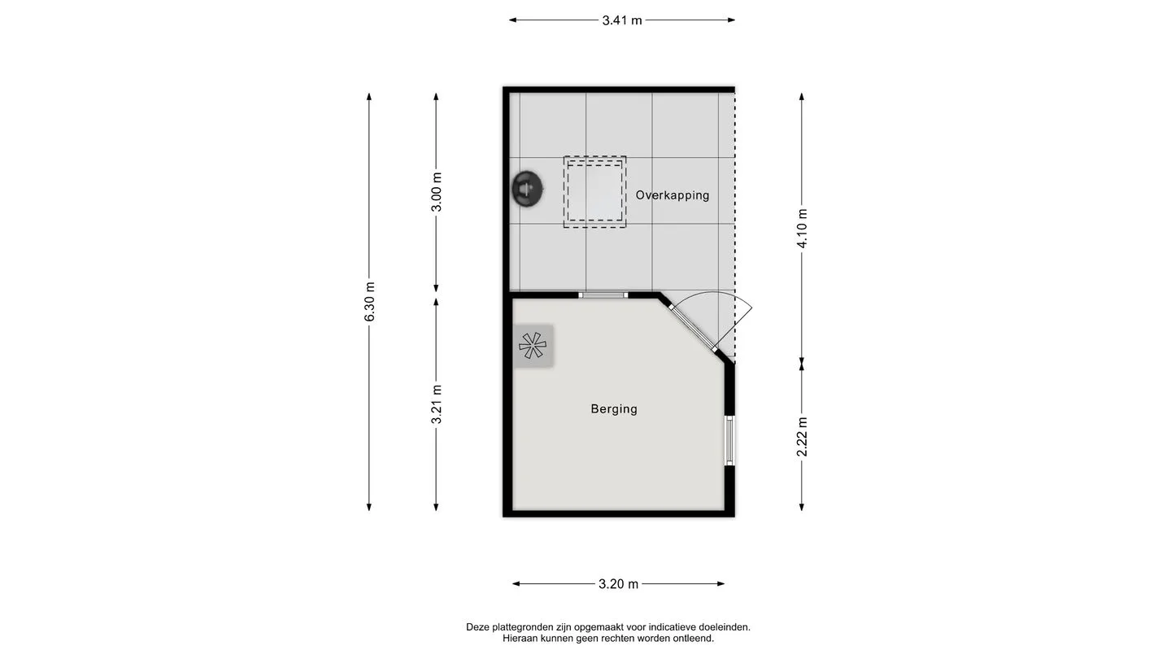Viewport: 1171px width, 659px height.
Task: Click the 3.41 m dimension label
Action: [x=621, y=20]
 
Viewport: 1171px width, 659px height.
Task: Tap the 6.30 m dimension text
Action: [x=369, y=302]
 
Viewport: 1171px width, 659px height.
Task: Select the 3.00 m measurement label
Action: [x=437, y=192]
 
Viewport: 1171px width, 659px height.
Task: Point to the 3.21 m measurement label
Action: [x=437, y=404]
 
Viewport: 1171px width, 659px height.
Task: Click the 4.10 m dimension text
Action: [x=802, y=228]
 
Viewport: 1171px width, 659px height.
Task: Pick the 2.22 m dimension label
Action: [x=802, y=437]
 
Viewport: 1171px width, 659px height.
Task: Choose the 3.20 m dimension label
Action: [x=618, y=583]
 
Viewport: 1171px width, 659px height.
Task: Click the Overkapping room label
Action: [x=673, y=195]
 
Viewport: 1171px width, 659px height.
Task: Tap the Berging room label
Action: [x=614, y=409]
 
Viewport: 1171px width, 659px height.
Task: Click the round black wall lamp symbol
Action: [x=527, y=189]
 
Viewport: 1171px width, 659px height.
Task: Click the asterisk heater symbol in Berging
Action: [x=533, y=346]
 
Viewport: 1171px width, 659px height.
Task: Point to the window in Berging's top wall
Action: [x=603, y=295]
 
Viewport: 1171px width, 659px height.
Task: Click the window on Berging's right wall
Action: [x=729, y=440]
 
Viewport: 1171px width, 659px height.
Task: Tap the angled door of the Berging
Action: [x=692, y=328]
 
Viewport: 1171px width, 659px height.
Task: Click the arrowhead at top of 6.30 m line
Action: [x=369, y=96]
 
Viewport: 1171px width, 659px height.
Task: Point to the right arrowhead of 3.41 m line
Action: [x=731, y=20]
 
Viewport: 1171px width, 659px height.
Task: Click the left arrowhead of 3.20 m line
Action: [x=516, y=583]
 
